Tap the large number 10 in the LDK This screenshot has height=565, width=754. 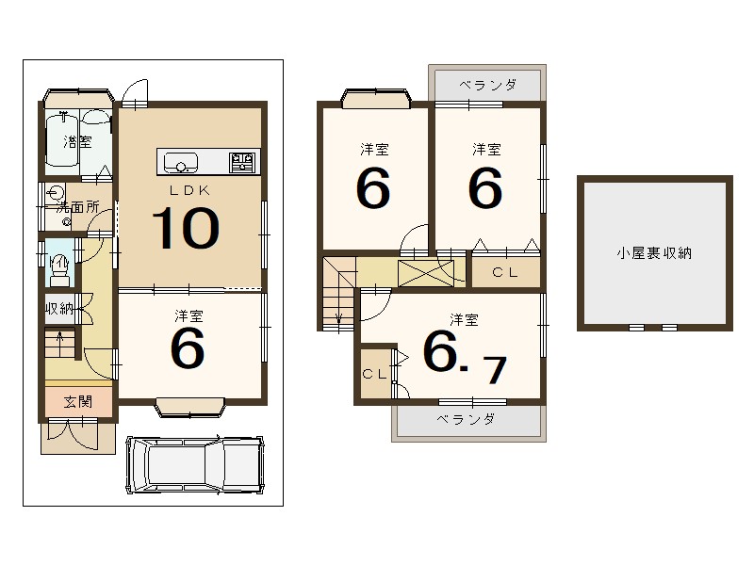[186, 228]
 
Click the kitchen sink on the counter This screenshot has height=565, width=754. [181, 163]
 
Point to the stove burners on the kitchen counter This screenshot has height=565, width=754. [243, 163]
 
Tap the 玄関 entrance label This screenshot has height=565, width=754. [77, 402]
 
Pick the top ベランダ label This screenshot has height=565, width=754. [487, 85]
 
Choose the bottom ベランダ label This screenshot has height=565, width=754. [466, 420]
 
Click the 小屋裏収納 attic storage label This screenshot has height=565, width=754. [655, 252]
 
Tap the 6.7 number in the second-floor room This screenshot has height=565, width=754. [463, 355]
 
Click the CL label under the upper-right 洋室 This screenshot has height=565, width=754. [505, 273]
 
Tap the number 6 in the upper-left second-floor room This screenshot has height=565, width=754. [373, 189]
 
